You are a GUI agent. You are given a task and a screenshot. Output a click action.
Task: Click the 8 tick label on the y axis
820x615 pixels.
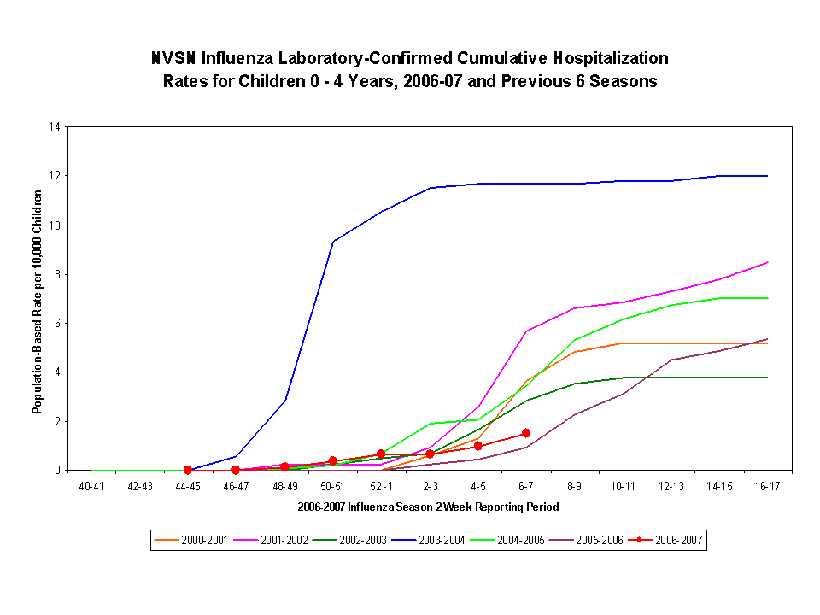[x=57, y=274]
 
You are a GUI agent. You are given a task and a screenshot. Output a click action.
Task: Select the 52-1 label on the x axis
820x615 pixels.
[x=381, y=486]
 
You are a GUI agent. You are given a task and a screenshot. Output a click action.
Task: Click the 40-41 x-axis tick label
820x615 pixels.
[x=91, y=486]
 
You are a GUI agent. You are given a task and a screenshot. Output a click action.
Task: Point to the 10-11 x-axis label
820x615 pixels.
[x=623, y=486]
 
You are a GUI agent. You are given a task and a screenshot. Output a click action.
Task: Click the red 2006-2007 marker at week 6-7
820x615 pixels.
[x=526, y=433]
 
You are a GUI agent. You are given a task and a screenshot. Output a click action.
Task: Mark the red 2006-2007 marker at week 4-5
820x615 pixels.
[x=477, y=446]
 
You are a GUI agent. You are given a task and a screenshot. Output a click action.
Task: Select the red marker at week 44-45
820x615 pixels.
[x=188, y=470]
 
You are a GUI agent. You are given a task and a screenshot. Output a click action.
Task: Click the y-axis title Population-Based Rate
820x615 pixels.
[x=38, y=302]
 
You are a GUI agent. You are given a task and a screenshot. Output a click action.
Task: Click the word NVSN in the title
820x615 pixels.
[x=173, y=59]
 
